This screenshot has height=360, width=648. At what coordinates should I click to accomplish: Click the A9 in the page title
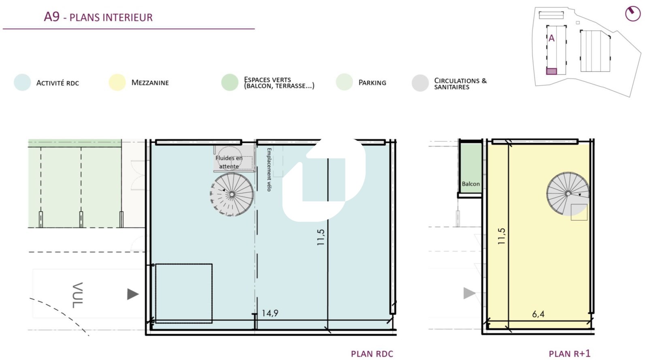[x=51, y=17]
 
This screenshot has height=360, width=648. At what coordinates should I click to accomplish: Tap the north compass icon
[x=633, y=14]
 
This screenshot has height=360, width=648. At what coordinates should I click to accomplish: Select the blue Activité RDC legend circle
[x=22, y=83]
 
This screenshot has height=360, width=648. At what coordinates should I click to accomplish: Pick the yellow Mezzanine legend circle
[x=117, y=83]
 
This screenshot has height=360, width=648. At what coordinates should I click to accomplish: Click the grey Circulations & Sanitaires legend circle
[x=420, y=83]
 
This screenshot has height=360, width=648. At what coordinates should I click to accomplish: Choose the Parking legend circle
[x=344, y=82]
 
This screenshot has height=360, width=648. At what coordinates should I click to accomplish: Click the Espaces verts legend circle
[x=230, y=83]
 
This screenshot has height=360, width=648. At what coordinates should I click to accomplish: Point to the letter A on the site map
[x=551, y=38]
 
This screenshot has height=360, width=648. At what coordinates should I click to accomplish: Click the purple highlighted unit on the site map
[x=551, y=71]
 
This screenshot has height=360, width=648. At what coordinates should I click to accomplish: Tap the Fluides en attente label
[x=229, y=162]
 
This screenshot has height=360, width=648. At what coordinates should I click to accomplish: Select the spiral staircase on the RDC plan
[x=232, y=194]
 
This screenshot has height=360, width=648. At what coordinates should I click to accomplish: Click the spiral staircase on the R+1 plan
[x=568, y=194]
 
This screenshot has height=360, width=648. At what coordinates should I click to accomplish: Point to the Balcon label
[x=471, y=184]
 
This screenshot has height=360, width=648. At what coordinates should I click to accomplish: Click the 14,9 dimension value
[x=270, y=313]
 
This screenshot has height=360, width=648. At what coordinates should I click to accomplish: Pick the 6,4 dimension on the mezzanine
[x=538, y=314]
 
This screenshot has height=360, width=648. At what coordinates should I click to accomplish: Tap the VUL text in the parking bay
[x=77, y=295]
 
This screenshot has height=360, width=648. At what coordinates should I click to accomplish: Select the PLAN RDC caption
[x=372, y=354]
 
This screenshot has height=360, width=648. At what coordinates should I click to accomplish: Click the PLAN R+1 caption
[x=569, y=354]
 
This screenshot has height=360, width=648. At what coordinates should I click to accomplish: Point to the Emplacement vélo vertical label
[x=269, y=170]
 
